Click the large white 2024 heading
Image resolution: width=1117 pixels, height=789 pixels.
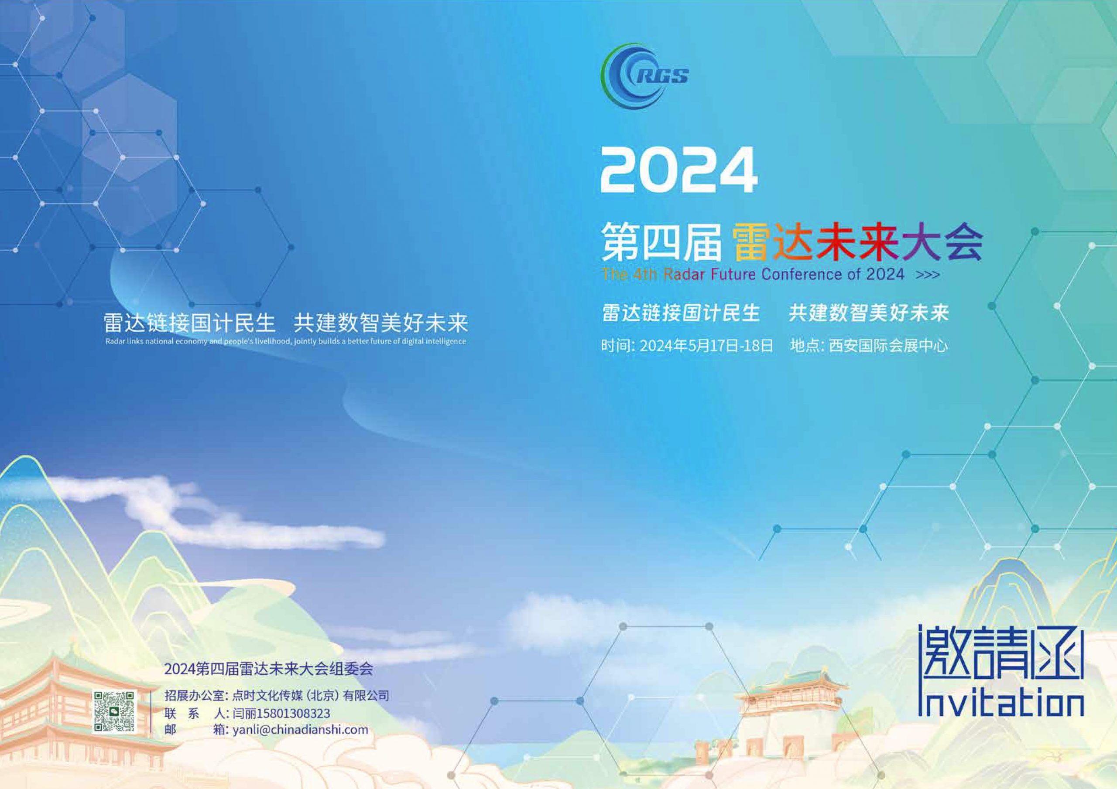[x=678, y=170]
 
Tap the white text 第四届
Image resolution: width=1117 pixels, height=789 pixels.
[x=660, y=242]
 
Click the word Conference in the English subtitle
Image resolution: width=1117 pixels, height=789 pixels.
[x=802, y=275]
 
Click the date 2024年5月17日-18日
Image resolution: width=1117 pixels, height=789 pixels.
[x=706, y=346]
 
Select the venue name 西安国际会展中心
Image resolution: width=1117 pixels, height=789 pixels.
[x=888, y=346]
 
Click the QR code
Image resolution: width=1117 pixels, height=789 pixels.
[x=114, y=712]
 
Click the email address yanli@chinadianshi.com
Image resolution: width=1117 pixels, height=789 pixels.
[x=301, y=730]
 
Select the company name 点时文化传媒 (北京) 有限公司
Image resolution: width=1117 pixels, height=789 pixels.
[x=310, y=696]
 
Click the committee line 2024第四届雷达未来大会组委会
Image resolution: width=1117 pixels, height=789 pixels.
[x=268, y=670]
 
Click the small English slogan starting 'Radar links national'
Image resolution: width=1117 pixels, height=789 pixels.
[x=285, y=341]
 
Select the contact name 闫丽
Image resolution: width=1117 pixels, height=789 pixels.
[x=245, y=714]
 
